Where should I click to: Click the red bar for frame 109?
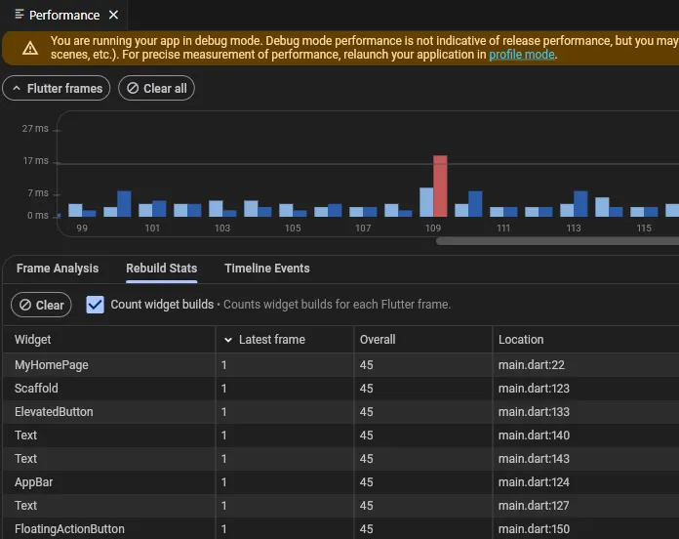pos(440,186)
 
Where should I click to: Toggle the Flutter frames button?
pos(57,89)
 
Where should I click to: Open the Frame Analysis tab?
pos(58,269)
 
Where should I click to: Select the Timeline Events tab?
pos(267,269)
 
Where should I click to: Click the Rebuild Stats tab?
pos(162,269)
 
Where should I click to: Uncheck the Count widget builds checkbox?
pos(95,305)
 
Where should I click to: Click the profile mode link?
pos(522,55)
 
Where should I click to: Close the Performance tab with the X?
pos(113,16)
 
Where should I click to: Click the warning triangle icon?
pos(30,48)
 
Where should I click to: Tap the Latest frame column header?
pos(272,340)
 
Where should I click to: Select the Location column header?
pos(521,340)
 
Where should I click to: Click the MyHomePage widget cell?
pos(52,365)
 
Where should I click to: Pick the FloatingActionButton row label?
pos(69,529)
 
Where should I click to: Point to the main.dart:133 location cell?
pos(534,412)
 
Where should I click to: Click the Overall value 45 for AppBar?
pos(367,482)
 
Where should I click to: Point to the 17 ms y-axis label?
pos(35,161)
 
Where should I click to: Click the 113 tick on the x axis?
pos(574,228)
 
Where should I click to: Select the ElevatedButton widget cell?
pos(54,412)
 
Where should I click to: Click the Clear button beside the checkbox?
pos(41,305)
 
